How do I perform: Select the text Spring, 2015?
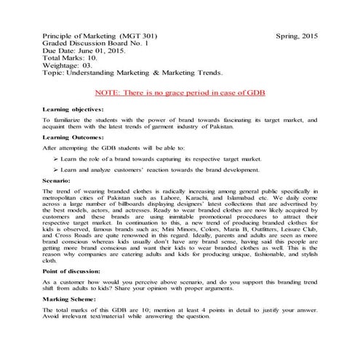(298, 35)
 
